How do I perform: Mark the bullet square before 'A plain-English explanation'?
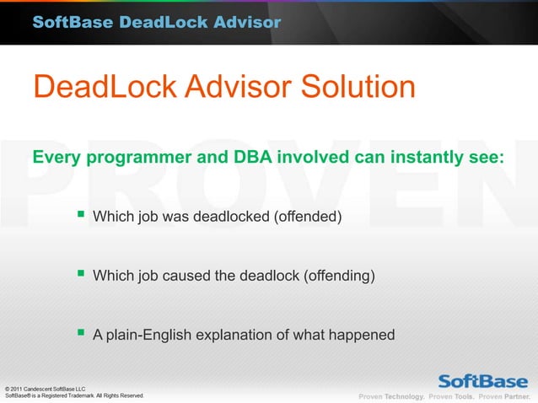point(80,333)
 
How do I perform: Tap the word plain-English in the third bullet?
point(148,336)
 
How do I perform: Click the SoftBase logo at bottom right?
point(482,379)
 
